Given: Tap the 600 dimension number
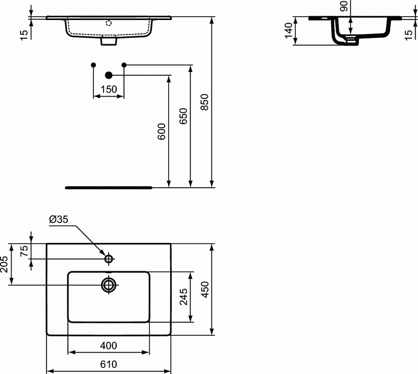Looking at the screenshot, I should [x=161, y=132].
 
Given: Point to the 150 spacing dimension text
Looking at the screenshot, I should [x=109, y=90].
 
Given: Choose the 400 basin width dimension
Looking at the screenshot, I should [x=108, y=346].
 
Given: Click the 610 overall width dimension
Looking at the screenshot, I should [x=108, y=364].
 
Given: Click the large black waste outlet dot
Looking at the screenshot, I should [x=109, y=75].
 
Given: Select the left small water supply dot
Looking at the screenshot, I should [x=93, y=64].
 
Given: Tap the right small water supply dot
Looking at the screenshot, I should [x=124, y=64].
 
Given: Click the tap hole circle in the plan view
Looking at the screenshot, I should [x=109, y=259].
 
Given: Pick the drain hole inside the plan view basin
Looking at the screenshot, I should [x=109, y=284].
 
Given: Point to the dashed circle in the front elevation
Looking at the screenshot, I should [x=109, y=23].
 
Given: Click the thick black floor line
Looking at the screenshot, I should [x=109, y=188].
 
